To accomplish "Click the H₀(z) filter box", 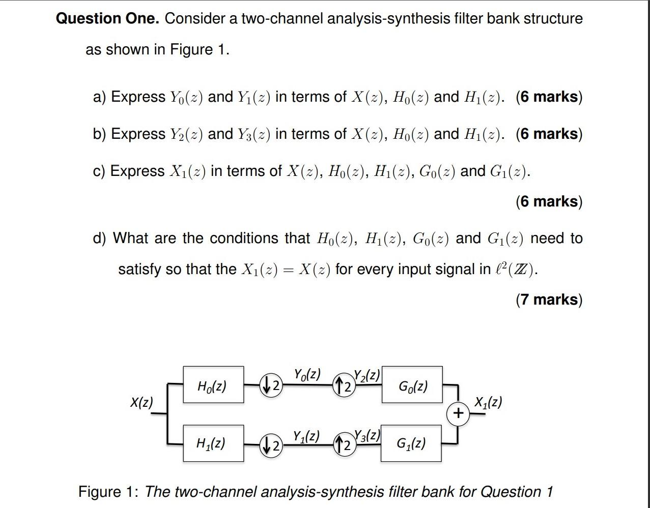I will pyautogui.click(x=213, y=385).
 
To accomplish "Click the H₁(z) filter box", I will pyautogui.click(x=213, y=443).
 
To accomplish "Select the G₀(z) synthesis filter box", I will pyautogui.click(x=412, y=385).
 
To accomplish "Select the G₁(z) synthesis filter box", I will pyautogui.click(x=411, y=443).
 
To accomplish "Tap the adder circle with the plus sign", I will pyautogui.click(x=458, y=413).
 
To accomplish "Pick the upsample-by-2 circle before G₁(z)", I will pyautogui.click(x=344, y=444).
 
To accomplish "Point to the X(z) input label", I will pyautogui.click(x=141, y=402).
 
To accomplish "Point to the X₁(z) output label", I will pyautogui.click(x=488, y=402).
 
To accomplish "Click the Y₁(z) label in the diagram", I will pyautogui.click(x=306, y=436).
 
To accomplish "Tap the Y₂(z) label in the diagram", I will pyautogui.click(x=366, y=375).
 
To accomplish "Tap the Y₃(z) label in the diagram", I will pyautogui.click(x=367, y=435).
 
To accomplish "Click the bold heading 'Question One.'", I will pyautogui.click(x=107, y=19).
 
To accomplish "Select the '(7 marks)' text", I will pyautogui.click(x=549, y=300).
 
